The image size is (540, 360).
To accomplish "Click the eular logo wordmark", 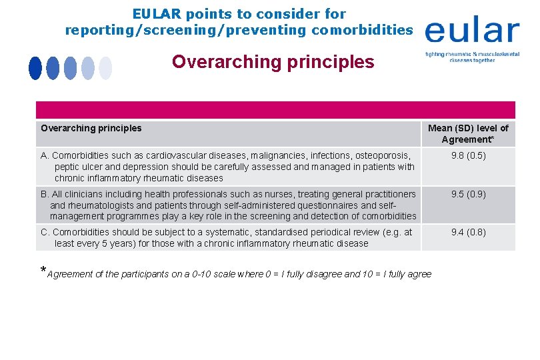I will pos(472,31).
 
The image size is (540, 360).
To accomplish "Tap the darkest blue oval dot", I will pos(35,68).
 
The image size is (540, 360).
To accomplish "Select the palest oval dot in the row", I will pos(105,68).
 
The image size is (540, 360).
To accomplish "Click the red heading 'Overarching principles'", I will pos(273,62).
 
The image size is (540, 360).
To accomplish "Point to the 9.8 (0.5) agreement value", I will pos(468,156).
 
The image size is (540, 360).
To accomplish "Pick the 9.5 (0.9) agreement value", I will pos(468,194).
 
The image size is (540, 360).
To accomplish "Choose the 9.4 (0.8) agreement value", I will pos(468,232).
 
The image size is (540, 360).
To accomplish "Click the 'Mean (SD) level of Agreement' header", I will pos(468,133).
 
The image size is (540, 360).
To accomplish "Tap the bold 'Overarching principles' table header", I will pos(91,128).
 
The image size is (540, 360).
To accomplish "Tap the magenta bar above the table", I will pos(275,110).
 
